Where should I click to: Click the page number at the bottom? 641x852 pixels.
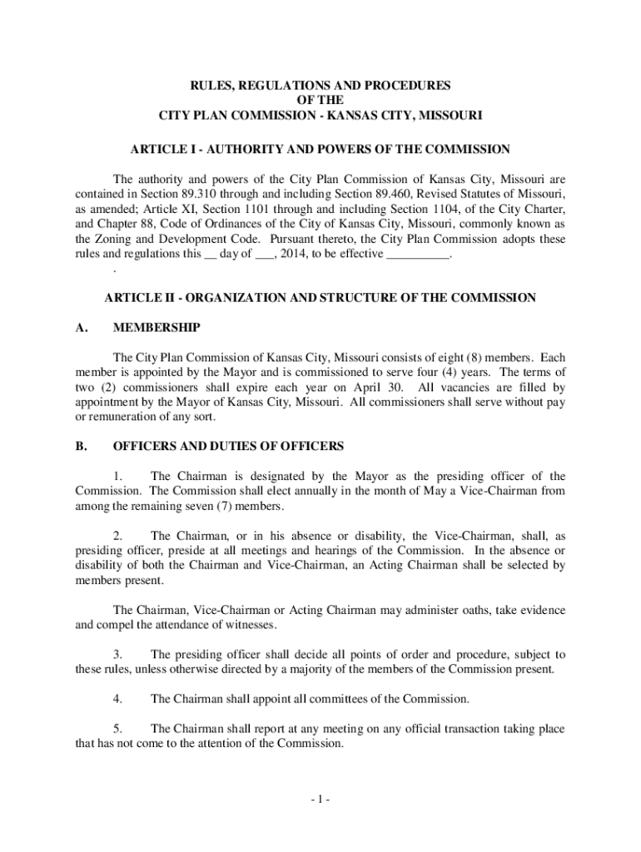click(x=320, y=800)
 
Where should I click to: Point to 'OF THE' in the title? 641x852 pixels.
click(x=320, y=100)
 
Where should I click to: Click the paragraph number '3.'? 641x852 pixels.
click(x=118, y=655)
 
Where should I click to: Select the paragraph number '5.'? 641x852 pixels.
click(x=118, y=729)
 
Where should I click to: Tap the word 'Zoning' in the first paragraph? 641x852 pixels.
click(x=113, y=239)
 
